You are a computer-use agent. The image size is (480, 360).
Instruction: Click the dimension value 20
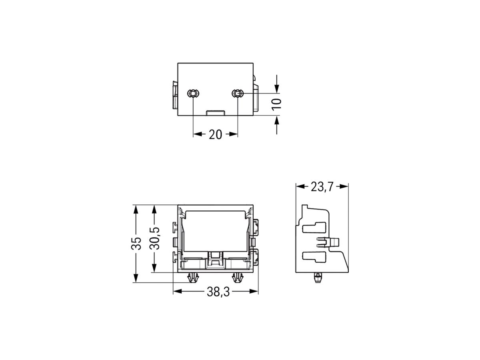pos(215,135)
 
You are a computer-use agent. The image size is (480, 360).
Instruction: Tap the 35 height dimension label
pos(136,244)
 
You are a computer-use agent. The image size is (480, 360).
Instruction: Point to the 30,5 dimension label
pos(154,238)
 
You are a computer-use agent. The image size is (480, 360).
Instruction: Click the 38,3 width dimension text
pos(218,292)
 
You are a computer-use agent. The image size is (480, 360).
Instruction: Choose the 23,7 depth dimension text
pos(322,186)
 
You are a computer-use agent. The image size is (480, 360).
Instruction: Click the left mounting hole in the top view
pos(193,94)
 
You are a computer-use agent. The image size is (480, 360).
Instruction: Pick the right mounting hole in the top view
pos(238,94)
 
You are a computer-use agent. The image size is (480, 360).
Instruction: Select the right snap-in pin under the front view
pos(238,277)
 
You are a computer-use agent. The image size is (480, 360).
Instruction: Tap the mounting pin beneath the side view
pos(317,277)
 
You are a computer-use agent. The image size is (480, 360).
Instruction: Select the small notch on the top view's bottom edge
pos(216,113)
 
